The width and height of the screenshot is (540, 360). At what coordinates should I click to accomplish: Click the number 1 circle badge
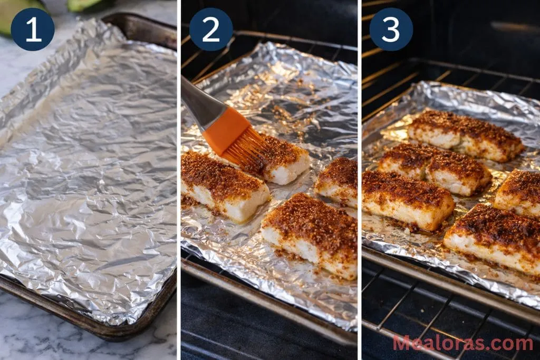coord(33,30)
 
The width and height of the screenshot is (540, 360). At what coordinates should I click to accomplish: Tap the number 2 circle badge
coord(211,30)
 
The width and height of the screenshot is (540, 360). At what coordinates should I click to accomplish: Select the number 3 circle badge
coord(391,30)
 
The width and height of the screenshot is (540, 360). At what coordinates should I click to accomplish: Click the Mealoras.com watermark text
coord(462,343)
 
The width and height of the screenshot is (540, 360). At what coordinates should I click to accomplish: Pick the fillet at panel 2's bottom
coord(311,232)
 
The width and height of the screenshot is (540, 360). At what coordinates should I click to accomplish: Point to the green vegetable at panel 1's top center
coord(87,5)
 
